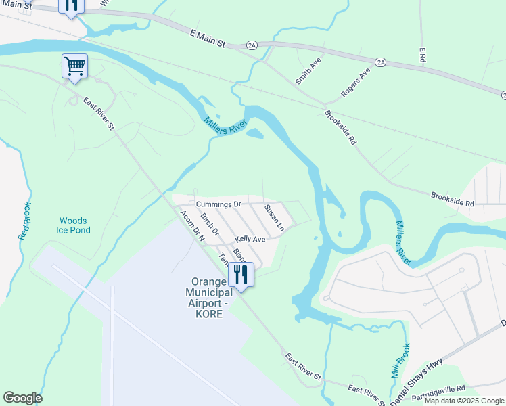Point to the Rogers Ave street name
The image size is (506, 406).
coord(356,82)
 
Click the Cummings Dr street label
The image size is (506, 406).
coord(218,204)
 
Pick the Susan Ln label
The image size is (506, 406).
coord(274,218)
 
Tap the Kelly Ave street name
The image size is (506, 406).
coord(250,239)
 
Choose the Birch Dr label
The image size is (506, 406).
coord(210,224)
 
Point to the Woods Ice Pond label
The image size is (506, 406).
coord(73,225)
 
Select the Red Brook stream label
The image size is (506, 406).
coord(24,221)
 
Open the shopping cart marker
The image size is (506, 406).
coord(74,66)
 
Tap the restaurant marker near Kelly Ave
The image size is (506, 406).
coord(241,274)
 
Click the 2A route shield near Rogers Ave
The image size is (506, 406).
coord(381,62)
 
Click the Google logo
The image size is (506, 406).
coord(22,398)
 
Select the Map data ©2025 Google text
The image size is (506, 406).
coord(464,401)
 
